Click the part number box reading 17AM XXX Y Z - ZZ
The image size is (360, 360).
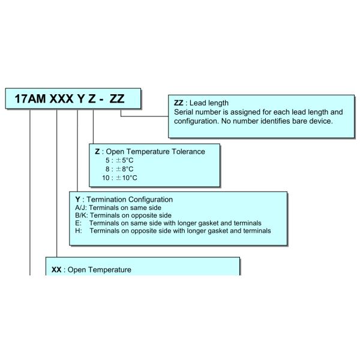pyautogui.click(x=74, y=99)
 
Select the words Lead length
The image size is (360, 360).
pyautogui.click(x=208, y=103)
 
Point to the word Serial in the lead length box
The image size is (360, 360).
pyautogui.click(x=184, y=112)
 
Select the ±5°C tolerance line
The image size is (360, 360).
pyautogui.click(x=121, y=161)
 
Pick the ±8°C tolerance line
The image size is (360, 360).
pyautogui.click(x=121, y=170)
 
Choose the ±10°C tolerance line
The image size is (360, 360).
pyautogui.click(x=120, y=179)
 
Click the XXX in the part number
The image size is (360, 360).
pyautogui.click(x=63, y=99)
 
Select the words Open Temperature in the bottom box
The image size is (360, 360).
pyautogui.click(x=99, y=270)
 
